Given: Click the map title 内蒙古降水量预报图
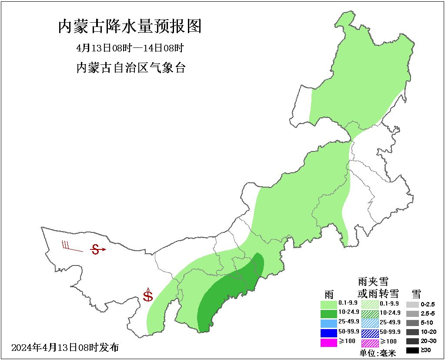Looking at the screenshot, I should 130,27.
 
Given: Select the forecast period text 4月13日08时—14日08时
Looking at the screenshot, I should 130,48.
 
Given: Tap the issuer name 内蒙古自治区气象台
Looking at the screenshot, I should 130,68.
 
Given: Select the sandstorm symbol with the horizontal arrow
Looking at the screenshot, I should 97,249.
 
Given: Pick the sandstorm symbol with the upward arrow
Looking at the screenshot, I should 148,295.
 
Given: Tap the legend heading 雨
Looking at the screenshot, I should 329,293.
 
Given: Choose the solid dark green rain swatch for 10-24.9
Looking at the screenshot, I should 328,313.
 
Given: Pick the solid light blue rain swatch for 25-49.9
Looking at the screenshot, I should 328,323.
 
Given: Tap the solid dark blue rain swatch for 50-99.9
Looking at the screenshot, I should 328,333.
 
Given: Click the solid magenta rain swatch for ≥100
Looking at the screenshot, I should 328,343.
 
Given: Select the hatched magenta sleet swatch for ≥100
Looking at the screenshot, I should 370,343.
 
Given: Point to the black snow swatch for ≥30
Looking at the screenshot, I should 412,350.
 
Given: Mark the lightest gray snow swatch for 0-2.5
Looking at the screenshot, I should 412,304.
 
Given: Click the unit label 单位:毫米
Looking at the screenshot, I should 378,353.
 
